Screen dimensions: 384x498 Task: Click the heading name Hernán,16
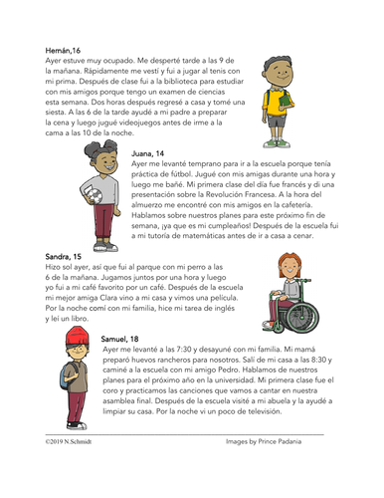click(67, 49)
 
